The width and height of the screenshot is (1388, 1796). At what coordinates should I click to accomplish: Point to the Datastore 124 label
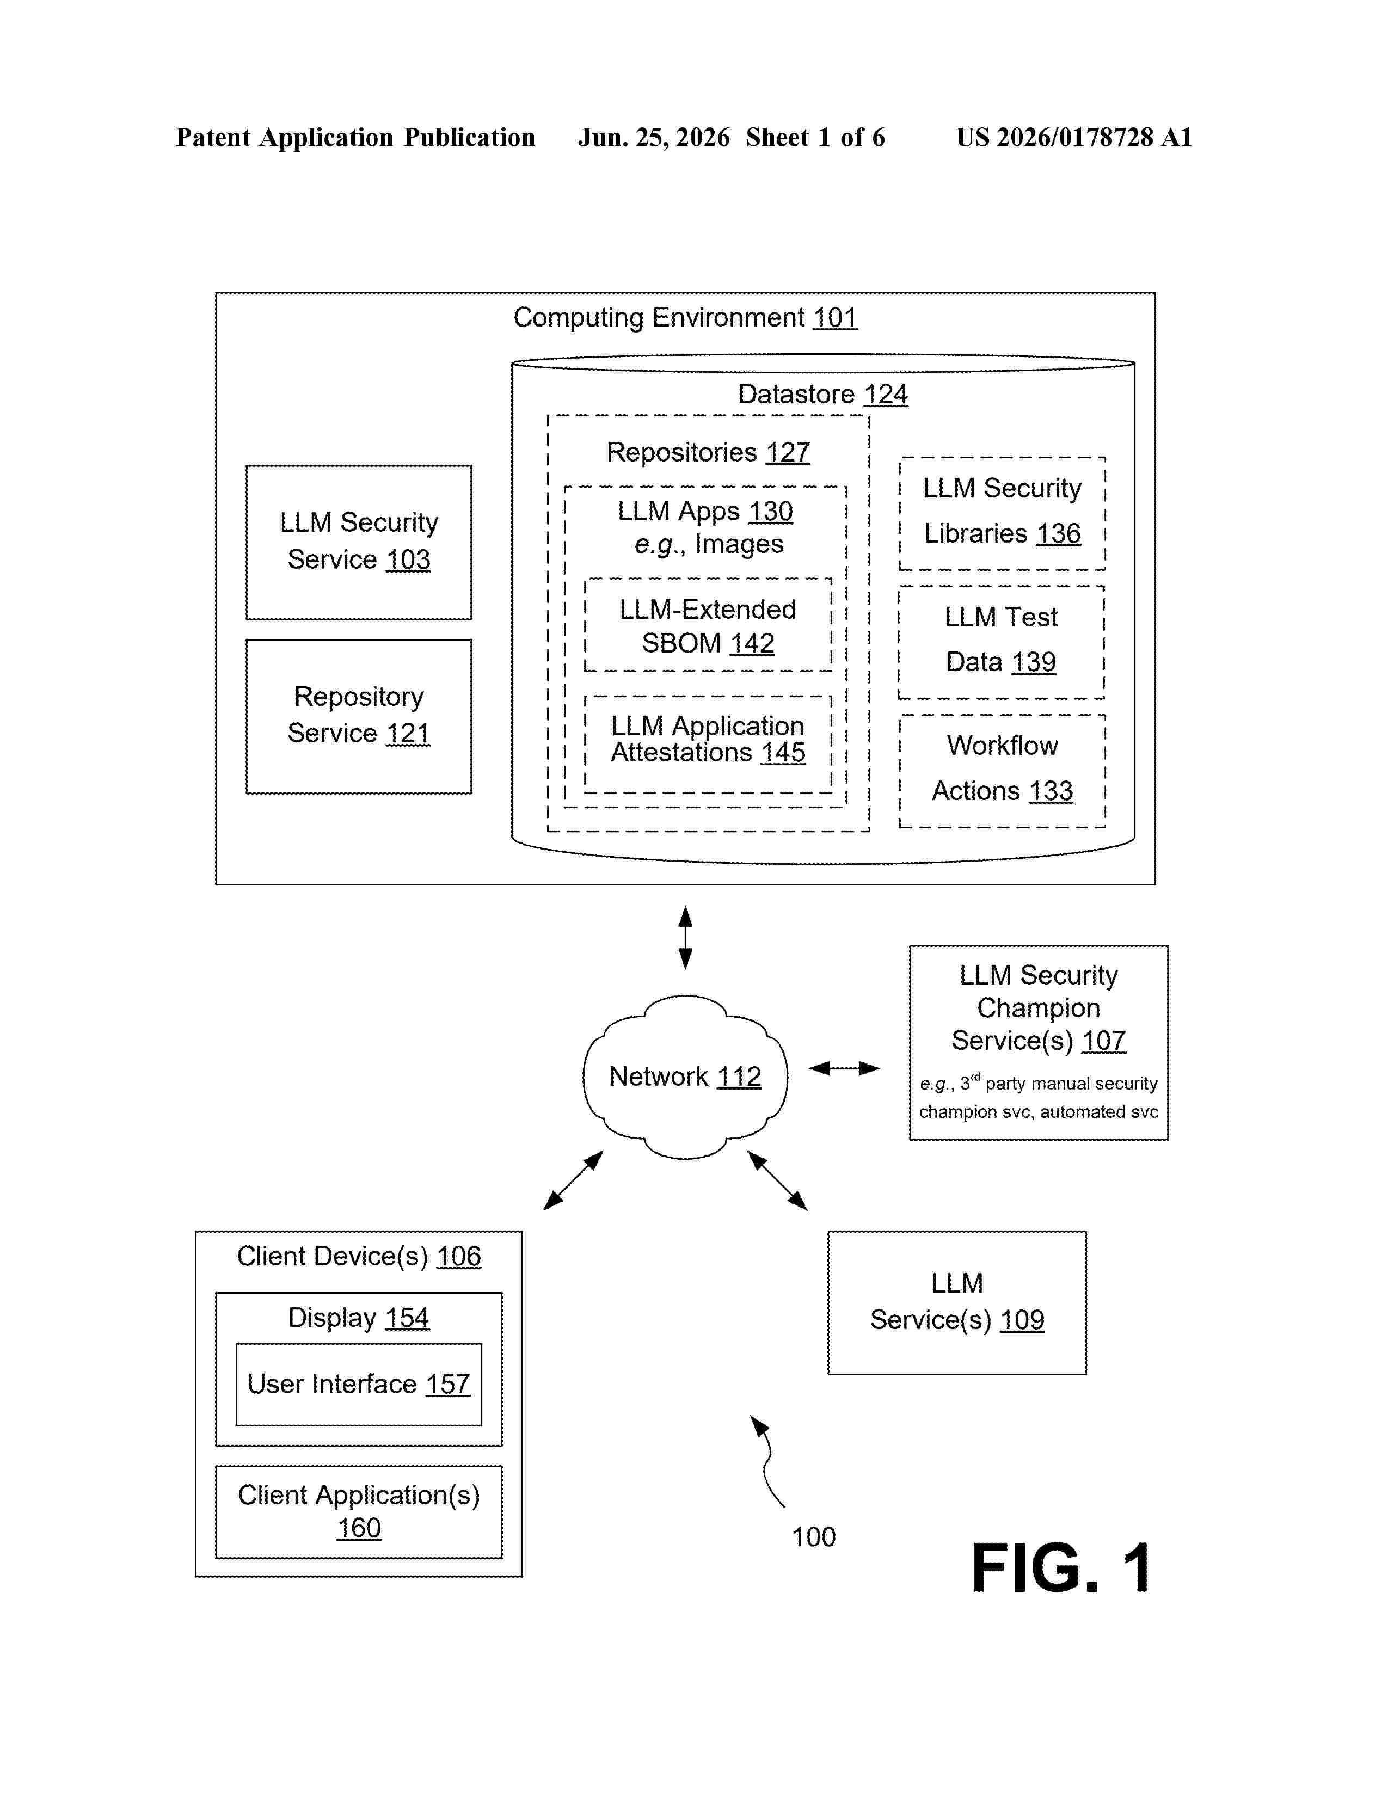tap(822, 394)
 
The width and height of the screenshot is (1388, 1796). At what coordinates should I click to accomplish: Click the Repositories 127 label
tap(708, 452)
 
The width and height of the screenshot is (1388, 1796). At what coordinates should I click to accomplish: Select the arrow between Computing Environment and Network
tap(685, 938)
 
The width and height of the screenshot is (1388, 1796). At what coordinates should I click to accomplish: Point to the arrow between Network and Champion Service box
tap(844, 1068)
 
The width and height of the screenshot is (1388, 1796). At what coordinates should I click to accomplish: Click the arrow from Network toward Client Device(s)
tap(573, 1180)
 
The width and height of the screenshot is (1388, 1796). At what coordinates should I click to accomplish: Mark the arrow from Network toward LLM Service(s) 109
tap(777, 1180)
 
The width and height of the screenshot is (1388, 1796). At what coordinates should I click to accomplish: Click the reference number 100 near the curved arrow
tap(813, 1536)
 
